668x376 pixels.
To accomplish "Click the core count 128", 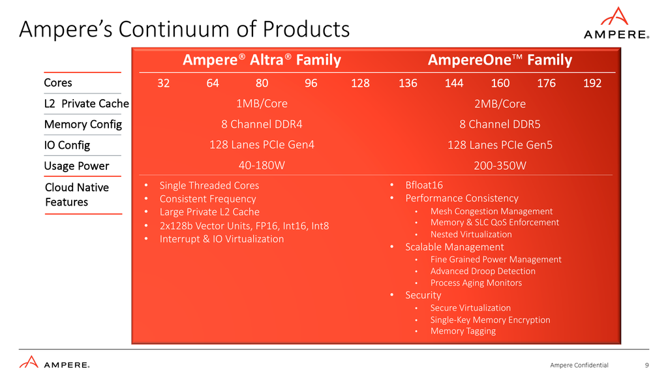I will (360, 83).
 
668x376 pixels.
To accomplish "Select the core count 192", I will (592, 83).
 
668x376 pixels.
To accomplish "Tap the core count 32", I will (164, 83).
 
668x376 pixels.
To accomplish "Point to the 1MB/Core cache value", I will (262, 103).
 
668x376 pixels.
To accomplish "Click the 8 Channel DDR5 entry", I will (500, 124).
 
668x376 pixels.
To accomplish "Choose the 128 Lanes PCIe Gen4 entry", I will (262, 145).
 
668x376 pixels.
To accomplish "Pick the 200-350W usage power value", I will (500, 166).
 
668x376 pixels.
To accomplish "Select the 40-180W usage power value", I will (262, 166).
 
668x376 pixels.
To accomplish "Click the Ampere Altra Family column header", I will (262, 60).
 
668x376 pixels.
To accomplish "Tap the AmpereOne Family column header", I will (500, 60).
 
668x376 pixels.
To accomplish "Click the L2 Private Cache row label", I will (86, 103).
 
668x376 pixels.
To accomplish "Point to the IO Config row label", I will (67, 145).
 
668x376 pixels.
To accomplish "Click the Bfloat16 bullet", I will (424, 185).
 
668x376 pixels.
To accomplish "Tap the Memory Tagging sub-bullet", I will (463, 331).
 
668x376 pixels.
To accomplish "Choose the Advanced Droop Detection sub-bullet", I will (482, 271).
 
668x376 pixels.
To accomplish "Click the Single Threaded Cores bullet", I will (209, 185).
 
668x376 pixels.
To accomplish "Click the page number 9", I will (646, 365).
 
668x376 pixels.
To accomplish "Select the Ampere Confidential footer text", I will (579, 365).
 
